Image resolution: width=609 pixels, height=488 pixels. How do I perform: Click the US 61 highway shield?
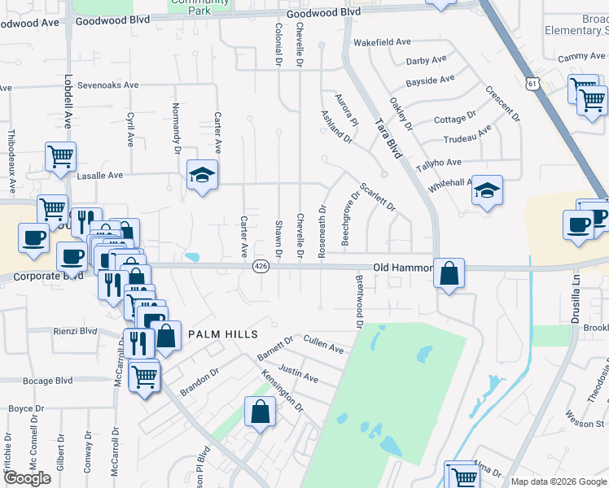tap(532, 84)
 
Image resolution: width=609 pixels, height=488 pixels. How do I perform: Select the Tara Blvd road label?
tap(388, 135)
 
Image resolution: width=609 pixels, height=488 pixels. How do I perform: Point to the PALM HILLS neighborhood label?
tap(223, 334)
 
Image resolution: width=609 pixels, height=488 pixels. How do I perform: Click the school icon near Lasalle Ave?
tap(202, 175)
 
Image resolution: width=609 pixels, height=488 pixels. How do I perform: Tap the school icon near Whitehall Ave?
tap(487, 191)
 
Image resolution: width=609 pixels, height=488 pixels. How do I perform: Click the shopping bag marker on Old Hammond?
tap(449, 273)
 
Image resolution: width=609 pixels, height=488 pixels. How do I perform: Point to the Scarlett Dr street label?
tap(378, 195)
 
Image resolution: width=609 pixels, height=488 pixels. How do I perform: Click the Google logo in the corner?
tap(27, 478)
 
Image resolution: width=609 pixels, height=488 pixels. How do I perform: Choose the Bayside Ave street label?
tap(430, 81)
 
